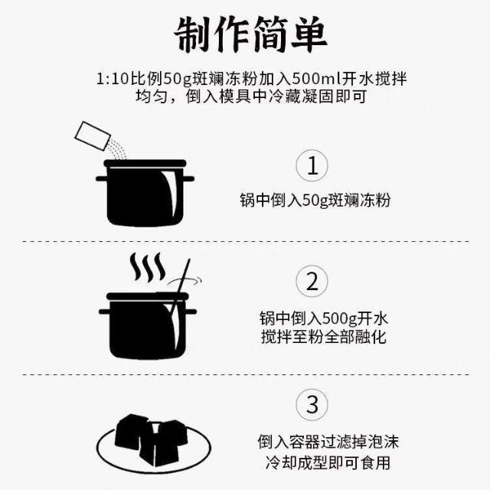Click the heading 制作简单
[x=250, y=34]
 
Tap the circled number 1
[x=312, y=165]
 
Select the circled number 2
[x=312, y=281]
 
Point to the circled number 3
[x=312, y=405]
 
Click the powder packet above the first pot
[x=93, y=136]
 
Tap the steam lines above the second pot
[x=148, y=267]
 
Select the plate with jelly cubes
[x=154, y=443]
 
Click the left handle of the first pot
[x=102, y=178]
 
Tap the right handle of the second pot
[x=191, y=312]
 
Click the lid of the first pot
[x=145, y=163]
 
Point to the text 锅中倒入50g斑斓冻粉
[x=315, y=200]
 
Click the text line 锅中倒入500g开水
[x=324, y=318]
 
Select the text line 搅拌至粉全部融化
[x=324, y=337]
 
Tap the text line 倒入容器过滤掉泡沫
[x=328, y=442]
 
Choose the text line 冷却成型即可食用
[x=328, y=462]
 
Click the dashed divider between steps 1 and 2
[x=246, y=241]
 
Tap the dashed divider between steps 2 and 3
[x=246, y=374]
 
